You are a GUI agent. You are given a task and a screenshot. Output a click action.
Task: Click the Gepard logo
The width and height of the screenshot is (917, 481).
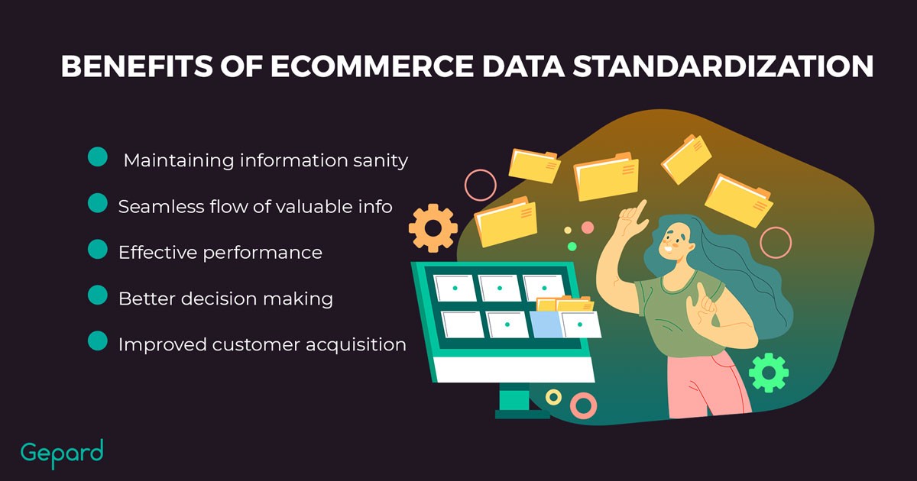62,454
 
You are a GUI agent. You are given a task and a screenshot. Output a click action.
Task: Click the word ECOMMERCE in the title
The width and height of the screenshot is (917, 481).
371,66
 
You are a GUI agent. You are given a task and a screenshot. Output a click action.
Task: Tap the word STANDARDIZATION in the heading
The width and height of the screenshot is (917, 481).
723,66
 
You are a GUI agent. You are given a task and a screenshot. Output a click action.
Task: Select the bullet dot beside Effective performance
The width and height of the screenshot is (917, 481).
98,249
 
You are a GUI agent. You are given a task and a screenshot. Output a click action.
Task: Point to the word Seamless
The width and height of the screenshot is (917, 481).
161,207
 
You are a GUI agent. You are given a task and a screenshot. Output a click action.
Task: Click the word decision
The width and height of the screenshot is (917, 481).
219,299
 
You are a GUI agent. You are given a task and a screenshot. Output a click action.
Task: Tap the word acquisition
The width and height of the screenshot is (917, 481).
356,345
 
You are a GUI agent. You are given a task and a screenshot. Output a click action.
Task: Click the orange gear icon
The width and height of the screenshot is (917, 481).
433,228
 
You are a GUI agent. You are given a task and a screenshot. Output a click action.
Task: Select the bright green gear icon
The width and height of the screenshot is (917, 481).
769,373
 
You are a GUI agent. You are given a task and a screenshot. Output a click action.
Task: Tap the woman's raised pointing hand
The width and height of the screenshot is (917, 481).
633,218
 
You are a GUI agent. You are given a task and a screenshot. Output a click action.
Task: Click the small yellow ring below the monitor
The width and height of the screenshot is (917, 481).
553,397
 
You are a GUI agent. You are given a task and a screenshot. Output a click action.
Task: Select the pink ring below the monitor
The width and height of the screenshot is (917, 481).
583,405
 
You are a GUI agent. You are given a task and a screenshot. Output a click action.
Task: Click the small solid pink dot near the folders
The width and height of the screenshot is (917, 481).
588,228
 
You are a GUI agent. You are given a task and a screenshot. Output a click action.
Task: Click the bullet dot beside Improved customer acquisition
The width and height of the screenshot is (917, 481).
98,341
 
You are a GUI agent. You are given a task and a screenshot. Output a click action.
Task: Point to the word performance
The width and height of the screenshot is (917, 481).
262,253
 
